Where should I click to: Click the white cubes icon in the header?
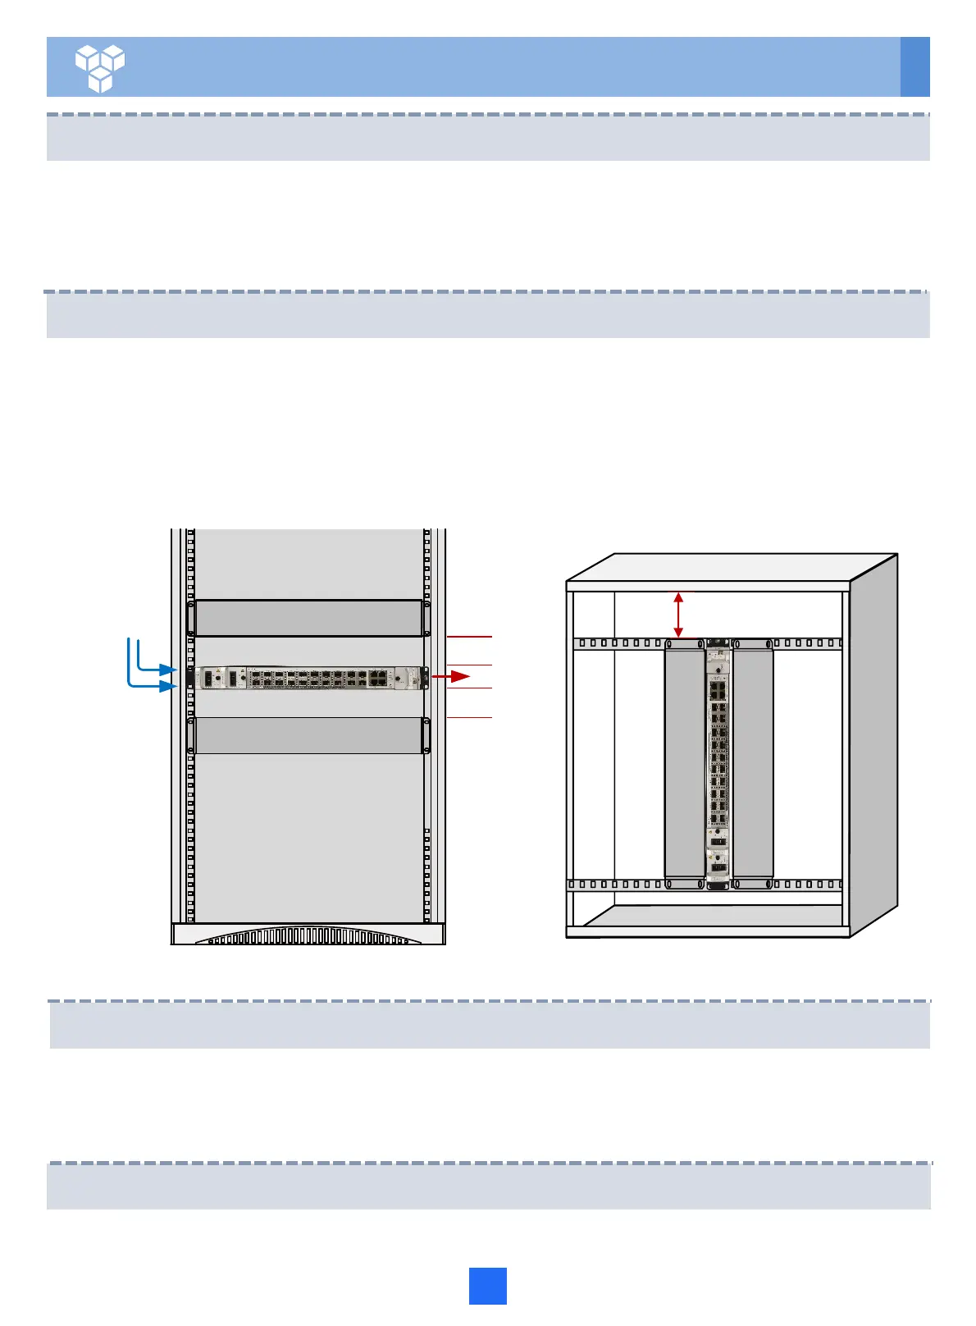(x=100, y=67)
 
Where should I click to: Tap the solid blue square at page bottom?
(x=487, y=1286)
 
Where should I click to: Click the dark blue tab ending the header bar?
(x=914, y=66)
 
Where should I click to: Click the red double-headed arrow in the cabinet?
(x=678, y=615)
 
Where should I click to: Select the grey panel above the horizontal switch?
(x=308, y=618)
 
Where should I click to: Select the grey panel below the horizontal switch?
(x=308, y=735)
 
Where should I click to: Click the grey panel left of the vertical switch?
(x=684, y=759)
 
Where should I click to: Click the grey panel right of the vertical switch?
(x=753, y=759)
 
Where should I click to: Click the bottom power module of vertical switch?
(x=718, y=865)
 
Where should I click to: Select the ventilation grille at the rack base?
(x=308, y=936)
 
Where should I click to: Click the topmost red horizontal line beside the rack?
(x=469, y=636)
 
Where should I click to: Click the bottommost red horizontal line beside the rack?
(x=469, y=718)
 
